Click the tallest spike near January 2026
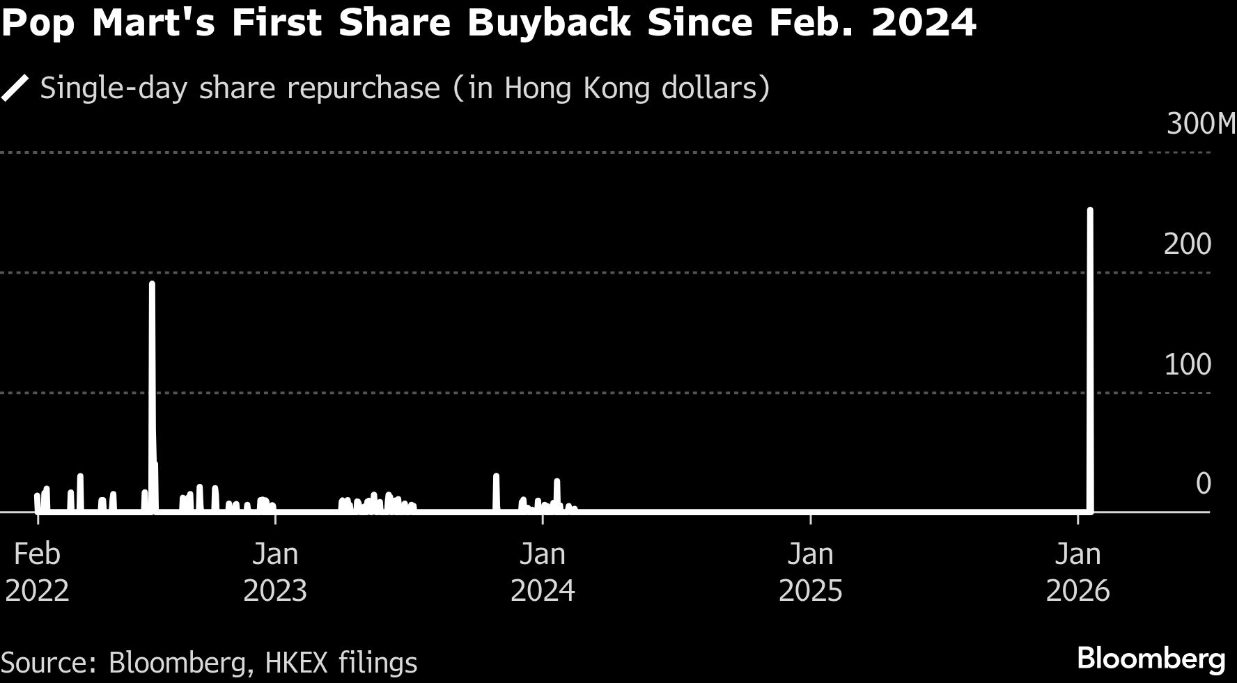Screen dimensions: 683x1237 (x=1090, y=348)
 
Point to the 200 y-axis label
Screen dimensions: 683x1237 (x=1188, y=244)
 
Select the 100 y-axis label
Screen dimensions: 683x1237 (x=1188, y=365)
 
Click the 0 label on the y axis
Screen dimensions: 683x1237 (x=1203, y=484)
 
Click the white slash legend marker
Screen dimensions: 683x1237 (x=15, y=89)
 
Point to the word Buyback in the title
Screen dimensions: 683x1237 (x=549, y=23)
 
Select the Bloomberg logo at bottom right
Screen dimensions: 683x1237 (x=1151, y=658)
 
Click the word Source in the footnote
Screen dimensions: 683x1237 (x=46, y=662)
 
